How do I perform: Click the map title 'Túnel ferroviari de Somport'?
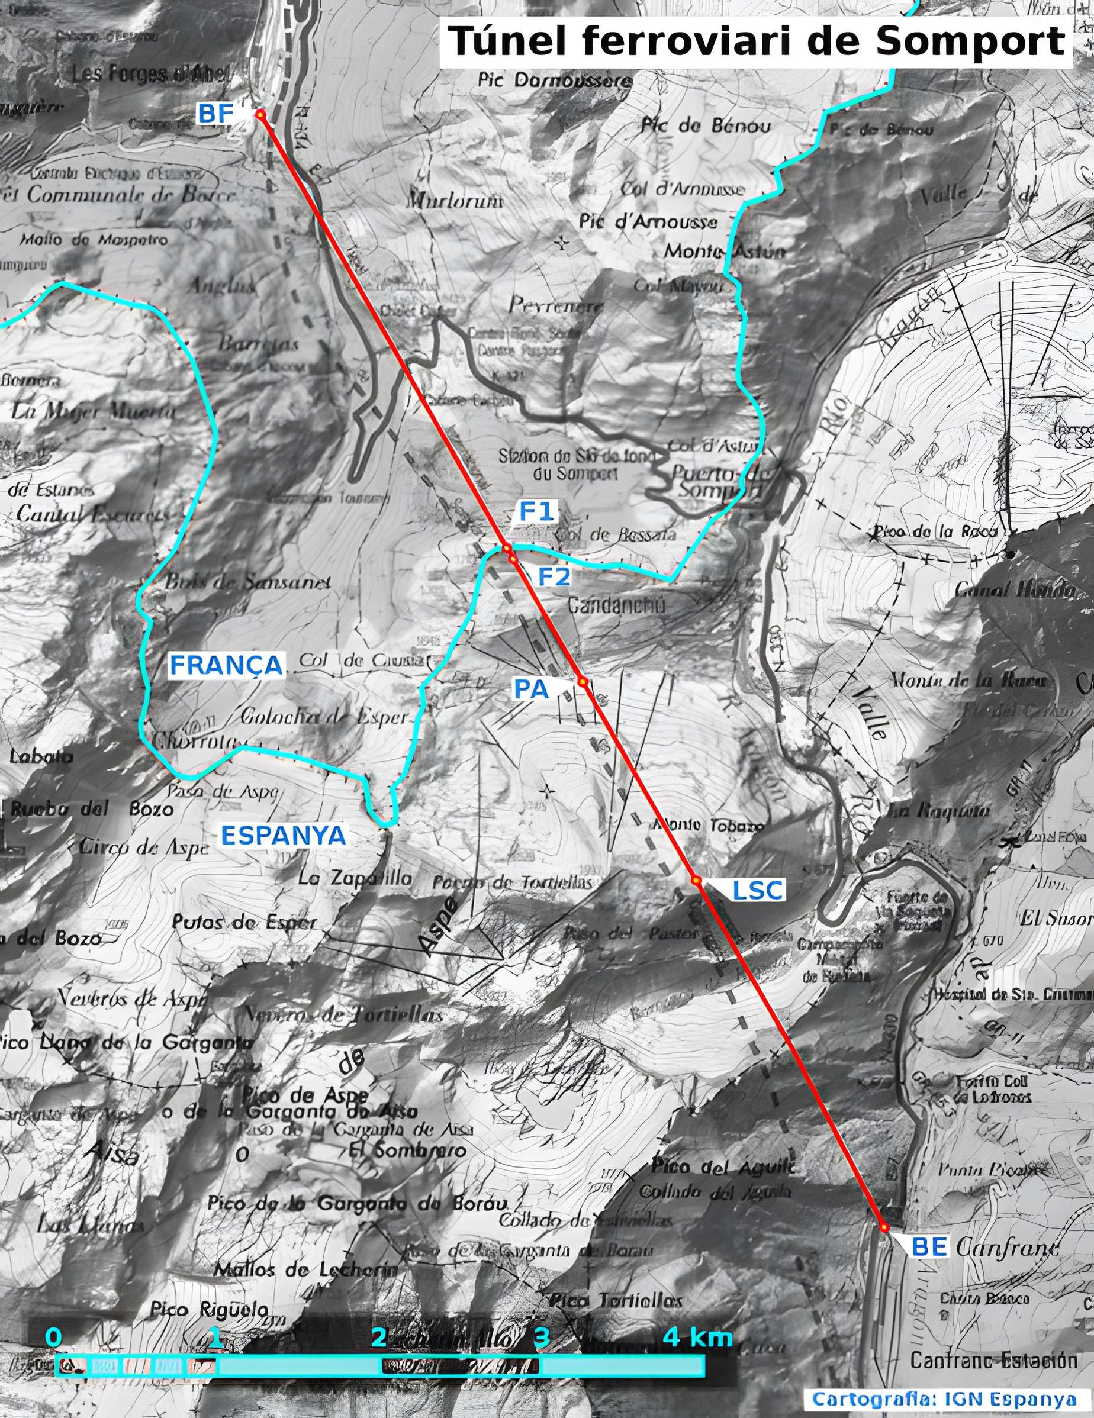click(x=756, y=41)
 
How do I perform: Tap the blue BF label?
click(x=215, y=114)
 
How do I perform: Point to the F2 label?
click(x=554, y=576)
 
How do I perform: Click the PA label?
click(x=532, y=689)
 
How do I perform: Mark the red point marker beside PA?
click(x=583, y=682)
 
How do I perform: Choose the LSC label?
click(x=758, y=891)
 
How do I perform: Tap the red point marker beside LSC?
click(x=696, y=881)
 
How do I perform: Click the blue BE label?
click(x=929, y=1246)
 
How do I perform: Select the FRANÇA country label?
click(x=226, y=665)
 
